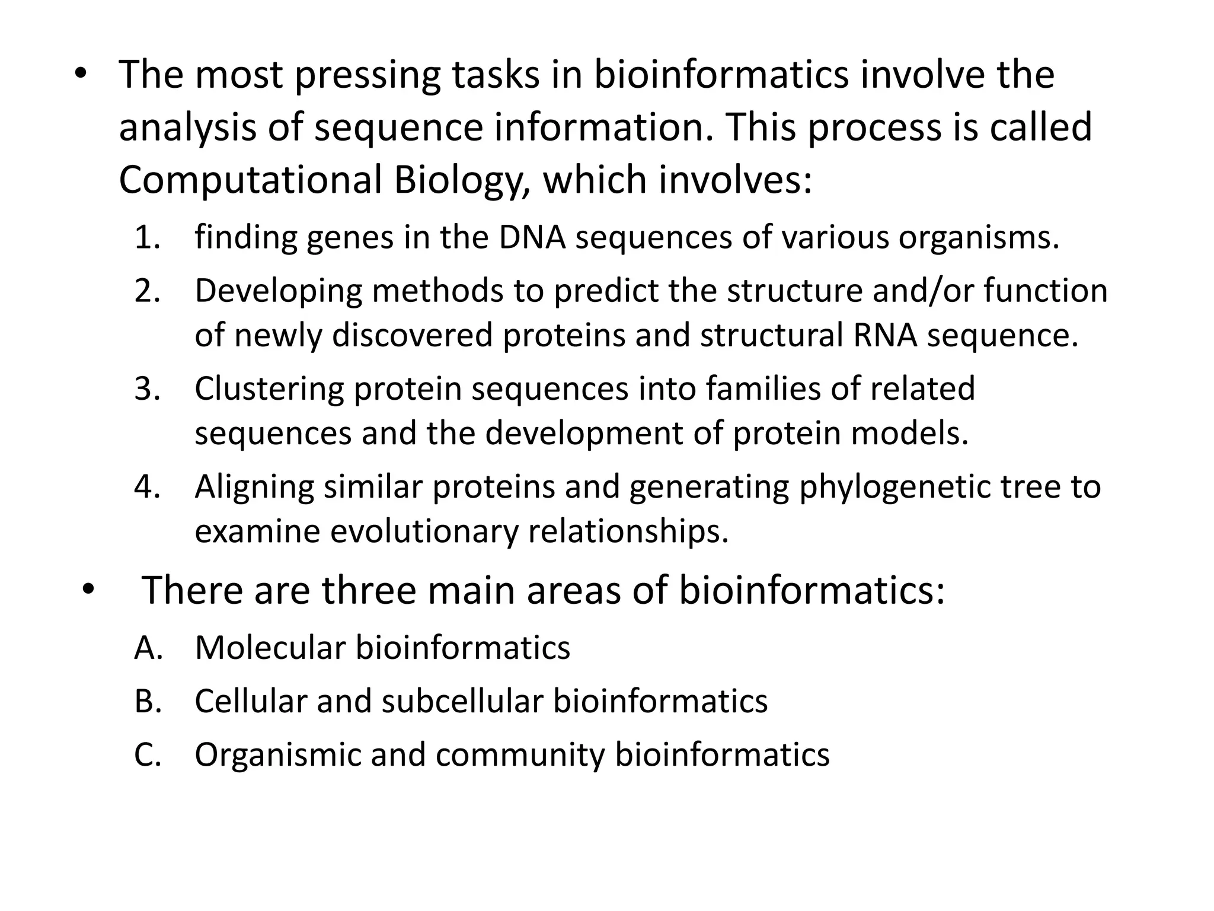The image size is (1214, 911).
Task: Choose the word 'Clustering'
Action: point(269,389)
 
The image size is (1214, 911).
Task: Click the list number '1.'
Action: point(148,237)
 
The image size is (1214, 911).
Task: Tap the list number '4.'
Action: point(148,487)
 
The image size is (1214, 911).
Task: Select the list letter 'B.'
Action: point(148,700)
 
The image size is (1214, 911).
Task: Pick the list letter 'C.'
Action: point(148,754)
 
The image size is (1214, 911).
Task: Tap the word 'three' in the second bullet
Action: point(369,591)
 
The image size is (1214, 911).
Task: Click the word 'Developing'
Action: point(279,291)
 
